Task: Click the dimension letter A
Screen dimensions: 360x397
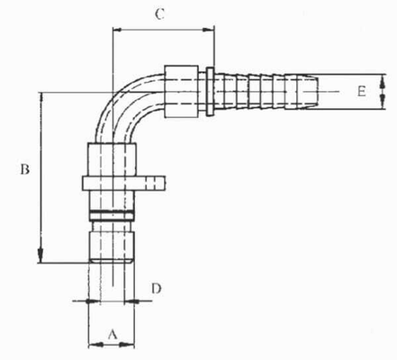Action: (x=113, y=333)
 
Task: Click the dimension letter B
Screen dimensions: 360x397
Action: (x=26, y=168)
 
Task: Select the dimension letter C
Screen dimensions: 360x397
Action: (x=159, y=14)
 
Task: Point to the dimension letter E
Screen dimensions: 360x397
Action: (x=359, y=92)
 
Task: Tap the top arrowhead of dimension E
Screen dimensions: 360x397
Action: (x=383, y=78)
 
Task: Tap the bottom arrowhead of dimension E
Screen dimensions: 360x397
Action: (x=383, y=105)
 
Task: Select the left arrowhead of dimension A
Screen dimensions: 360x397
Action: (x=92, y=343)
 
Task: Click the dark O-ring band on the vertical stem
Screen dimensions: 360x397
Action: (x=111, y=213)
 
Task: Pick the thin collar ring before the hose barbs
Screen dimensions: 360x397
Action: (x=210, y=90)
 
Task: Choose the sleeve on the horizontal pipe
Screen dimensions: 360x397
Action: (x=185, y=90)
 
